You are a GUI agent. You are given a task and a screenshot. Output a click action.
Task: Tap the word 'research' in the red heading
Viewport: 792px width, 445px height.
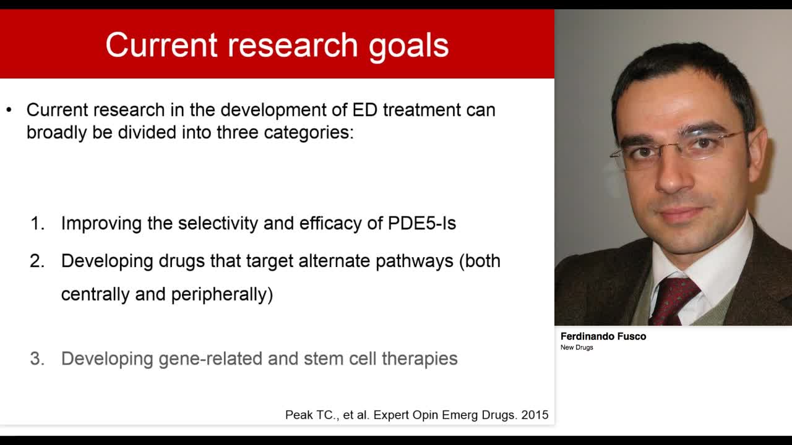pos(293,45)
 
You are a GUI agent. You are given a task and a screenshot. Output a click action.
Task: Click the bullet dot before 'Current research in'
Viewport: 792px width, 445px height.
pos(9,110)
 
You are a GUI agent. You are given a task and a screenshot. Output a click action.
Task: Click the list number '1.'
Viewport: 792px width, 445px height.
pos(38,224)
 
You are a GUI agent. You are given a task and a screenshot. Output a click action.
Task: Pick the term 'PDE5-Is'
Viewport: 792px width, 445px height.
pos(422,223)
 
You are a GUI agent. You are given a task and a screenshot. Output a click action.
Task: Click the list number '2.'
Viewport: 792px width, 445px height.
pos(38,261)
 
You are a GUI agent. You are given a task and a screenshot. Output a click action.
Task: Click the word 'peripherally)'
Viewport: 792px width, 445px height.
pos(222,295)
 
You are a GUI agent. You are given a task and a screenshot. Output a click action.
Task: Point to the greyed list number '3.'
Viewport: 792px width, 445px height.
pos(38,359)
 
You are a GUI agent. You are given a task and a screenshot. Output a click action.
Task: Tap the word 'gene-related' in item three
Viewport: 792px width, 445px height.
pos(210,359)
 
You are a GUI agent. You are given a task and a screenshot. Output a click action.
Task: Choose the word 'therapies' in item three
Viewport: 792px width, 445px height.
pos(420,359)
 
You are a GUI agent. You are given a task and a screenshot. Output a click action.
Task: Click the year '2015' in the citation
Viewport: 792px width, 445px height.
pos(535,415)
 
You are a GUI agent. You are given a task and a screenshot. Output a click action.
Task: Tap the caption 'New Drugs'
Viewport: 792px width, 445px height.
pos(577,347)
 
